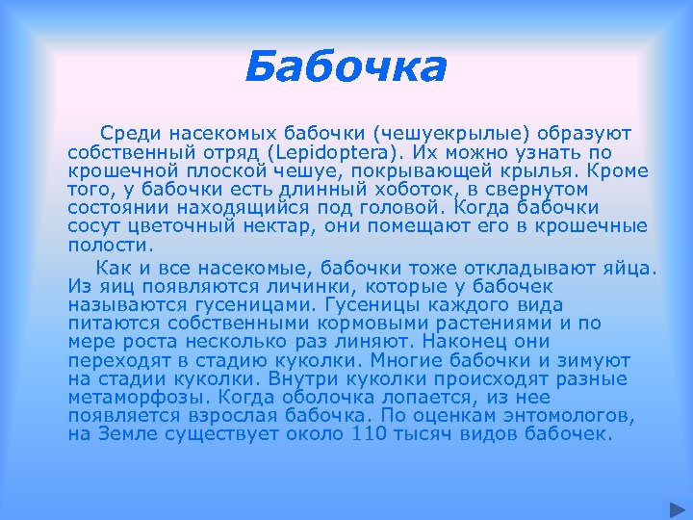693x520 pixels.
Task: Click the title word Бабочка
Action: click(346, 68)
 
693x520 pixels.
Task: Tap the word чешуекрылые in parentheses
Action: click(445, 134)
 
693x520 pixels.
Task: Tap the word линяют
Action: click(389, 341)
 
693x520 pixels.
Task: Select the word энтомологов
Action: click(569, 416)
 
